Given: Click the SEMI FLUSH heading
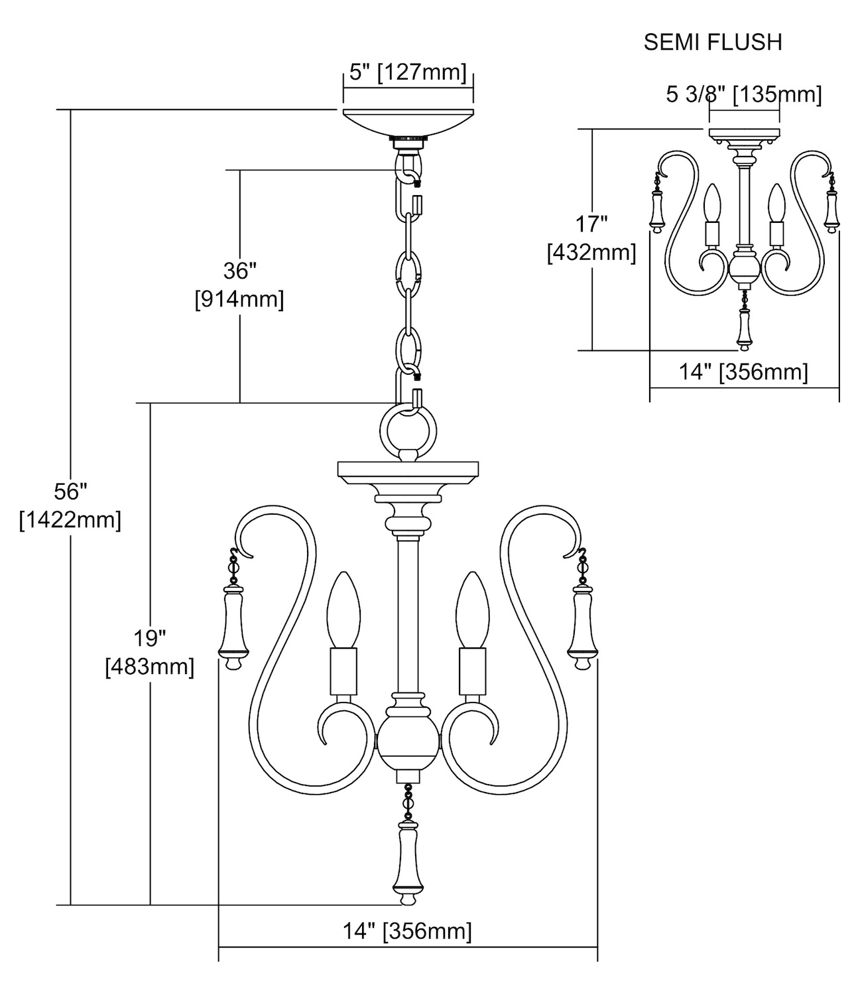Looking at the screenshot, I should click(713, 42).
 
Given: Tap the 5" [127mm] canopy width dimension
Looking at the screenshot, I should click(408, 72).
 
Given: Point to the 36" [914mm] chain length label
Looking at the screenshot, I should click(239, 285).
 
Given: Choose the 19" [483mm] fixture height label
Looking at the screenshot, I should click(150, 653).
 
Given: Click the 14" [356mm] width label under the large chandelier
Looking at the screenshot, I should click(407, 931).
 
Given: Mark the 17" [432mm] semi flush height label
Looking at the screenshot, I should click(591, 238).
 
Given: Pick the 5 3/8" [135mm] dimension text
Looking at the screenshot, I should click(744, 95).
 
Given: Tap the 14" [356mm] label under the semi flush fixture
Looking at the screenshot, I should click(743, 371).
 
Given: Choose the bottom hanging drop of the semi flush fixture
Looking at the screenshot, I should click(743, 330).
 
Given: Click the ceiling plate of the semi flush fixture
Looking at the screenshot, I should click(744, 135).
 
